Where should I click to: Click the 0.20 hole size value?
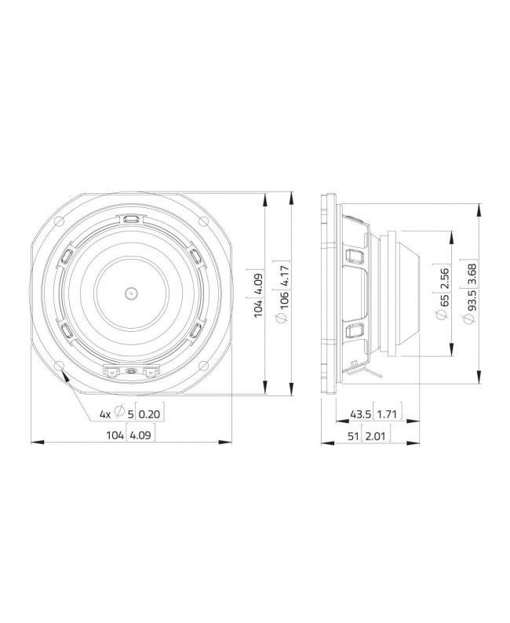point(151,414)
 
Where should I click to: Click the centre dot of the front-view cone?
point(130,293)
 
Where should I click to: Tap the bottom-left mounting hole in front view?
point(60,366)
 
